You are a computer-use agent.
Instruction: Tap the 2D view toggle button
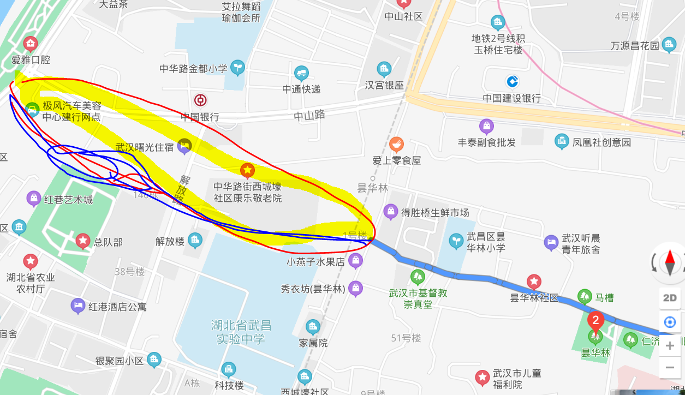(x=670, y=297)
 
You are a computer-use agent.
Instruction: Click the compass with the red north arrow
(x=670, y=263)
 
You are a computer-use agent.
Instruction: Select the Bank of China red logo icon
(x=200, y=100)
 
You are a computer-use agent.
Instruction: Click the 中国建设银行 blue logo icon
(x=512, y=81)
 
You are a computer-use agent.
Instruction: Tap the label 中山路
(x=309, y=115)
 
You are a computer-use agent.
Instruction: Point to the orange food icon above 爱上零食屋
(x=396, y=145)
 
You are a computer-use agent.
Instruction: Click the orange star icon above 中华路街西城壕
(x=247, y=170)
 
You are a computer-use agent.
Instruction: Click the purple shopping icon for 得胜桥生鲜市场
(x=390, y=211)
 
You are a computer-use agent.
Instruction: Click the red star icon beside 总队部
(x=83, y=240)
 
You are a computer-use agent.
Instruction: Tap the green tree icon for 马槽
(x=585, y=296)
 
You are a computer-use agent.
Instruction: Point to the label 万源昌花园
(x=635, y=46)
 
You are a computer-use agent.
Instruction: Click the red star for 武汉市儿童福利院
(x=482, y=377)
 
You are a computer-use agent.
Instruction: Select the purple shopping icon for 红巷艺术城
(x=34, y=198)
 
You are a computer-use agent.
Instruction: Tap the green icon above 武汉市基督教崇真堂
(x=418, y=277)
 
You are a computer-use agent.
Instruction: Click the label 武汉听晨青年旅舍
(x=581, y=244)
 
